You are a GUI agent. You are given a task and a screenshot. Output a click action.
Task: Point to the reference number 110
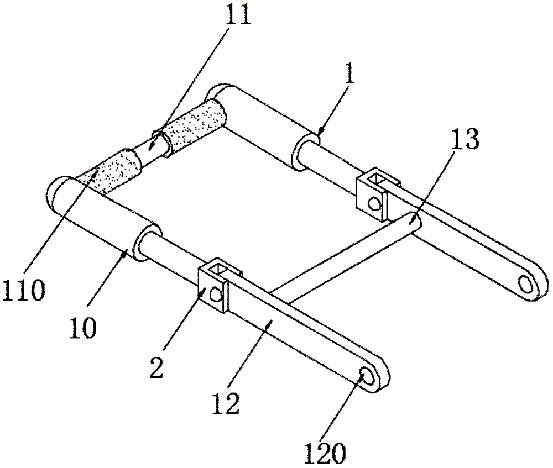(x=23, y=290)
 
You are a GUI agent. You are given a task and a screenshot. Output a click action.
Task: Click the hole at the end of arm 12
(x=367, y=377)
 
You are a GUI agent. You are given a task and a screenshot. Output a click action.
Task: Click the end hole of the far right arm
(x=526, y=283)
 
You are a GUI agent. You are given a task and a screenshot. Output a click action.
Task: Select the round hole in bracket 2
(x=216, y=295)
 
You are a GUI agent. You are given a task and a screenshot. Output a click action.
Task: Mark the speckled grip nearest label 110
(x=110, y=171)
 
